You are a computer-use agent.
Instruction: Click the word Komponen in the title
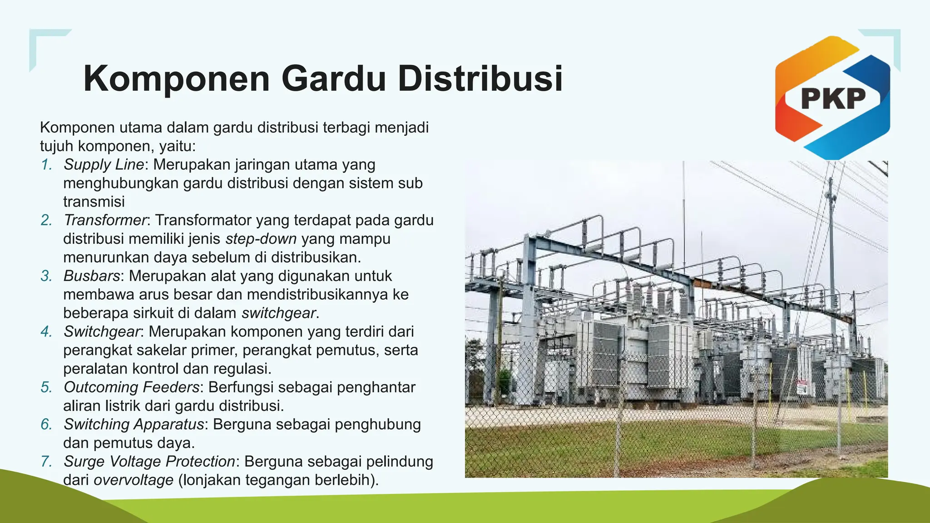(177, 79)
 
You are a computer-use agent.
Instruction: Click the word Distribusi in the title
(480, 79)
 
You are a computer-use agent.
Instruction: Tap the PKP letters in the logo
(833, 99)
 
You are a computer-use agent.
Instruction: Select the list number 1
(46, 164)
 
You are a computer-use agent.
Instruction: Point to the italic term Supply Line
(104, 164)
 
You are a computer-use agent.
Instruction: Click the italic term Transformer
(105, 220)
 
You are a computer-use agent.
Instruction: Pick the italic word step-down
(261, 239)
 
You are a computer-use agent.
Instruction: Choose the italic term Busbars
(92, 276)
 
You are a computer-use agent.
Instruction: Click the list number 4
(46, 331)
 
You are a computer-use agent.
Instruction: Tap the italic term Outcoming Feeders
(131, 387)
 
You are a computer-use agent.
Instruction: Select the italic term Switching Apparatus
(134, 424)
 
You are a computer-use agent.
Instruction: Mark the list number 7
(46, 461)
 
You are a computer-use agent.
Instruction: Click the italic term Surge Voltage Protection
(149, 461)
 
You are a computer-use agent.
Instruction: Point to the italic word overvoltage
(133, 480)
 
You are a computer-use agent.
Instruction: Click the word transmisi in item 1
(94, 202)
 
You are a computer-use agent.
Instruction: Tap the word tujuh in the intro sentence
(56, 146)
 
